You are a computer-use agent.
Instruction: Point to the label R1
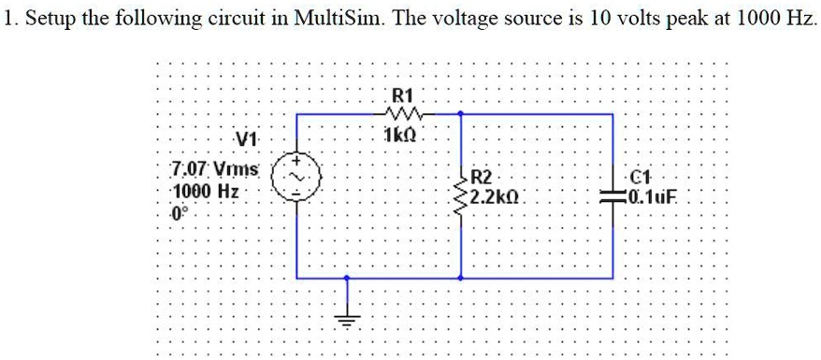pos(403,94)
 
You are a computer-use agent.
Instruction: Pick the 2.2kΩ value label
pos(498,197)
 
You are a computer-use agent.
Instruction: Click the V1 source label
pos(247,141)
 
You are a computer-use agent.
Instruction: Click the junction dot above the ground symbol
pos(348,278)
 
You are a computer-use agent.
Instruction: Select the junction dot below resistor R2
pos(462,278)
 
